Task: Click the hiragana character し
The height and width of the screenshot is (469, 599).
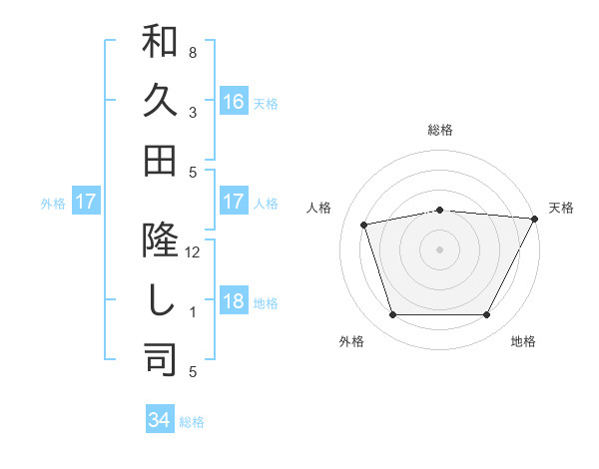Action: tap(160, 299)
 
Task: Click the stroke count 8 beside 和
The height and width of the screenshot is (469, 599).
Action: tap(193, 52)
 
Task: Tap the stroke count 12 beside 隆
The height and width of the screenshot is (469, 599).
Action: tap(193, 251)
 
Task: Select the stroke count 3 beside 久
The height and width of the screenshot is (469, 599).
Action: tap(193, 112)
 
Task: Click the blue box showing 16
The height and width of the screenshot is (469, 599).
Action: tap(234, 101)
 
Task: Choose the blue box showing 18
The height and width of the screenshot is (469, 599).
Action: tap(234, 302)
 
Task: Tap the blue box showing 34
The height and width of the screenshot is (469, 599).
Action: tap(160, 420)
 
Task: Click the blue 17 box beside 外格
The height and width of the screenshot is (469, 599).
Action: tap(85, 203)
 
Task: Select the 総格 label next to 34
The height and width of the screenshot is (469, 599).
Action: tap(192, 422)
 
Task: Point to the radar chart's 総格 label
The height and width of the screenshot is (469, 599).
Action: tap(440, 130)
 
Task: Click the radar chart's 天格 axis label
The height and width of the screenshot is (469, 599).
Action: tap(561, 208)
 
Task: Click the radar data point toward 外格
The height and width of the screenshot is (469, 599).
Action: tap(392, 315)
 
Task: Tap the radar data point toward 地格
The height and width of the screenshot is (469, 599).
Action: tap(487, 315)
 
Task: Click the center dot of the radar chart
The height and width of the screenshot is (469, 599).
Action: tap(440, 248)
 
